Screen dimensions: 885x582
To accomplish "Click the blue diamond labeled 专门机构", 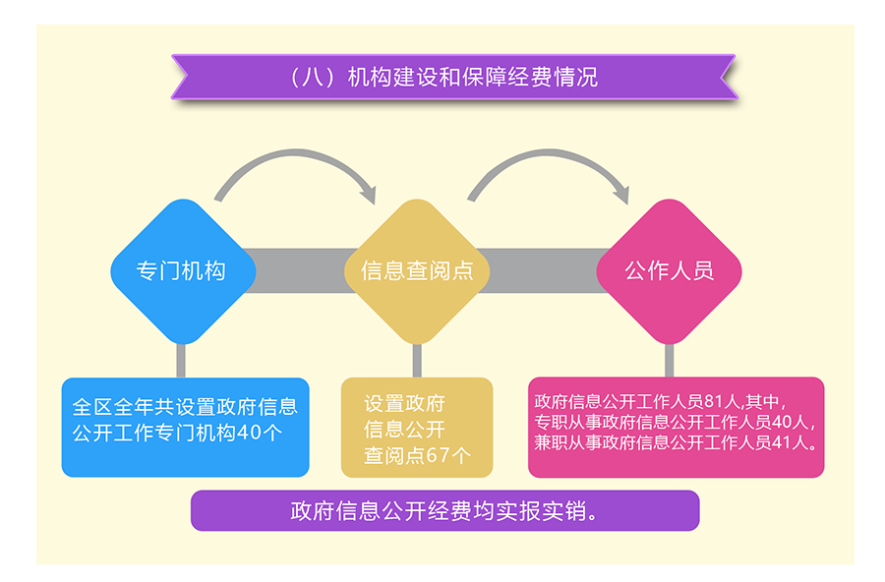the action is click(183, 271).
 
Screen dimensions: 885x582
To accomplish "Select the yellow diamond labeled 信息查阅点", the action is click(417, 271).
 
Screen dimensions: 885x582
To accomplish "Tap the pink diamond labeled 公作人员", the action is click(670, 271).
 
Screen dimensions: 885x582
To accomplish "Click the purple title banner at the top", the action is click(454, 78).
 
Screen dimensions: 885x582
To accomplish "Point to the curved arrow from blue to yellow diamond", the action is click(296, 153).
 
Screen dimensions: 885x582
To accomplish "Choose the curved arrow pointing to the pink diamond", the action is click(549, 153).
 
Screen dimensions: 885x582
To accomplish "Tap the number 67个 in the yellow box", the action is click(448, 455).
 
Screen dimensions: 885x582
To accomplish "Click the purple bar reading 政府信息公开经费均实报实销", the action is click(444, 511).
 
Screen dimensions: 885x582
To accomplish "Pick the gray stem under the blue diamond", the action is click(181, 360).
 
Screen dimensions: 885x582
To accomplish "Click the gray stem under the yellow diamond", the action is click(417, 360).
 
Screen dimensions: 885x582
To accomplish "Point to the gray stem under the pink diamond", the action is click(670, 360).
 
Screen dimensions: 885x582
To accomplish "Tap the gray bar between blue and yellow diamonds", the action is click(300, 271).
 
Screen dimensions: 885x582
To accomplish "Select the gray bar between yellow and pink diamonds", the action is click(544, 271).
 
